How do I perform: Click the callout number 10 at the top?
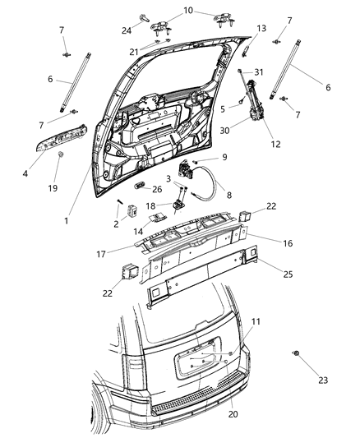(187, 11)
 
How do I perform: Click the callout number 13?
(261, 29)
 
